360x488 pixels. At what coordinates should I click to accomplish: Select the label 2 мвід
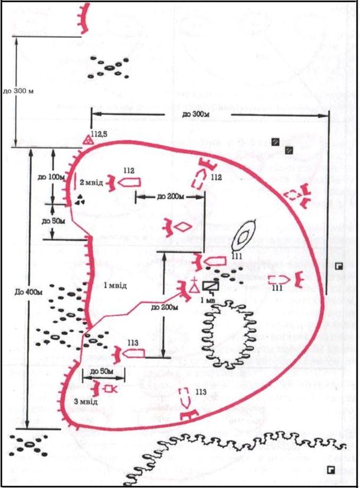click(x=92, y=182)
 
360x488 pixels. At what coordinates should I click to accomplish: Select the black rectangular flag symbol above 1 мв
click(x=211, y=286)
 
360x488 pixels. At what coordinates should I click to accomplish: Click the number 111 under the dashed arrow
click(x=279, y=288)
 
